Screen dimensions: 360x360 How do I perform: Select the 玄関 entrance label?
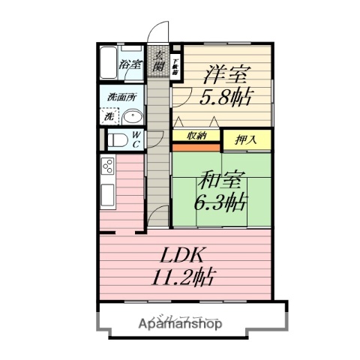(x=159, y=60)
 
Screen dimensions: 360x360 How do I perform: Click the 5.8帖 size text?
(x=225, y=97)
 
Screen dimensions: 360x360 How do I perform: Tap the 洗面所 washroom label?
(x=120, y=97)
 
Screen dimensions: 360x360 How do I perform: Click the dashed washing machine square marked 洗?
(x=109, y=117)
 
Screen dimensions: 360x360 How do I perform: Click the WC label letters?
(x=137, y=139)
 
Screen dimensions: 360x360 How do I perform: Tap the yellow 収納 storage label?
(x=197, y=136)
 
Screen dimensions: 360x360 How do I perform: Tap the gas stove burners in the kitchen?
(x=108, y=166)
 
